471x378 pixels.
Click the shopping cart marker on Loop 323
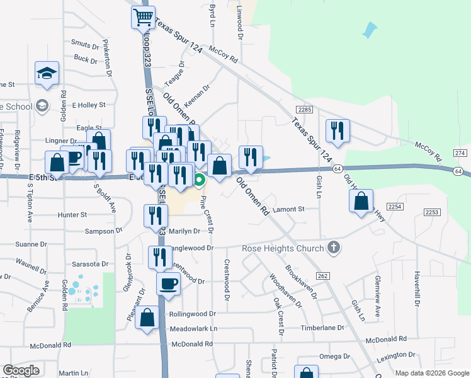pyautogui.click(x=144, y=17)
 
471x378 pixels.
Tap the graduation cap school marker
pyautogui.click(x=47, y=74)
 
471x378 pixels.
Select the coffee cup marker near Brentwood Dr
pyautogui.click(x=169, y=283)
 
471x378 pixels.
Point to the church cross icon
pyautogui.click(x=334, y=248)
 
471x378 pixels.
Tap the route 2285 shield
pyautogui.click(x=305, y=110)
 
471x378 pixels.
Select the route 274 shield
pyautogui.click(x=460, y=153)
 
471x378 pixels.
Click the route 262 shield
pyautogui.click(x=323, y=275)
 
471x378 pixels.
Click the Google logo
pyautogui.click(x=21, y=370)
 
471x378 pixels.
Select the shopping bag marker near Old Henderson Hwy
pyautogui.click(x=361, y=202)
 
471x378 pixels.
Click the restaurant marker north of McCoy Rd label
pyautogui.click(x=338, y=131)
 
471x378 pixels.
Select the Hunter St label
pyautogui.click(x=72, y=215)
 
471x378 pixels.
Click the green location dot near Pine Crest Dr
pyautogui.click(x=199, y=181)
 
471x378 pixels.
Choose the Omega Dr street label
pyautogui.click(x=330, y=357)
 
